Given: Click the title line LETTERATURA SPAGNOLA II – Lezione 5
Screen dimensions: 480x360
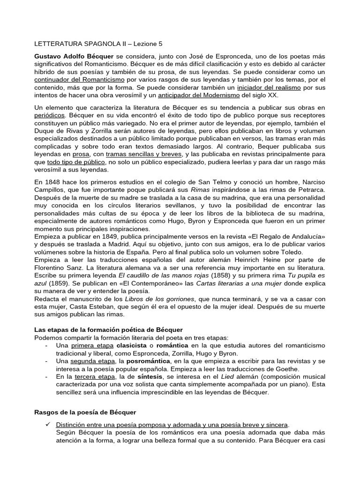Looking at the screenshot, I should (x=98, y=44).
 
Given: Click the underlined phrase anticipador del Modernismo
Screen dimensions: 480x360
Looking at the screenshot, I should (x=199, y=95).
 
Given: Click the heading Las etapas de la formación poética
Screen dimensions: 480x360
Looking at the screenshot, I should (x=109, y=330).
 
